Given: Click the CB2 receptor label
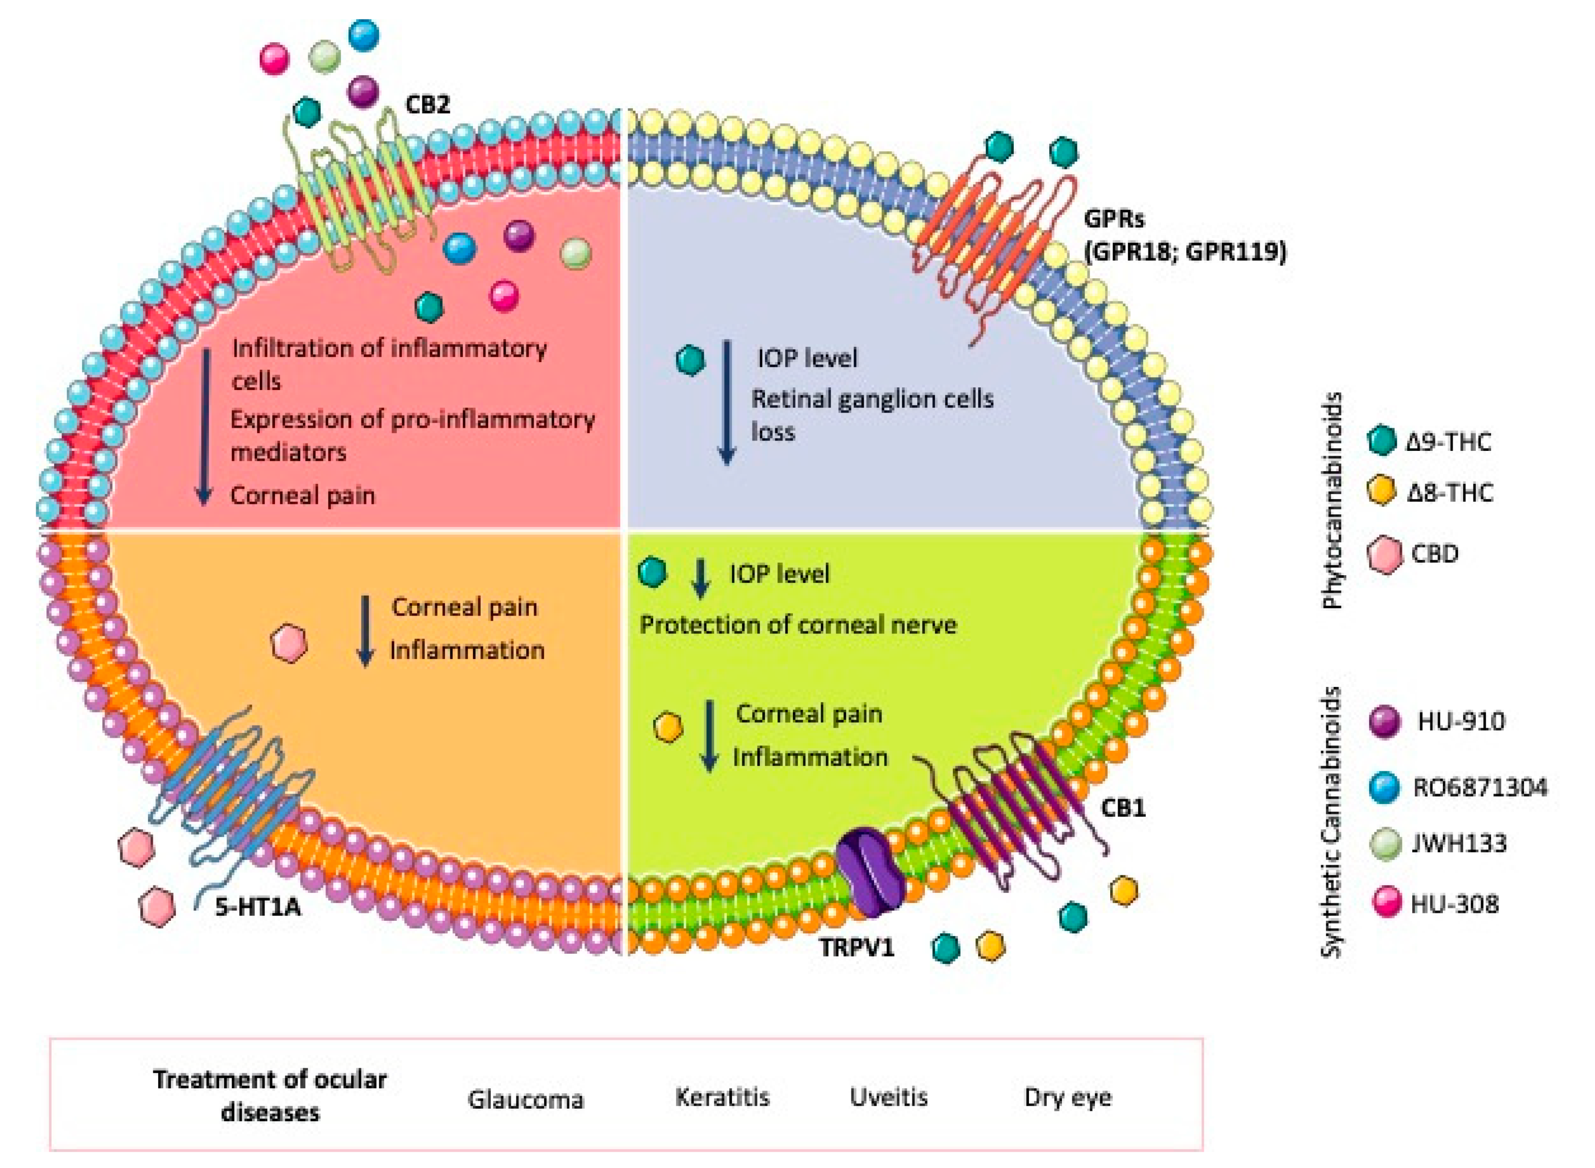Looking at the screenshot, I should point(426,105).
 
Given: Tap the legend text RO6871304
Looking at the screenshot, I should point(1479,787).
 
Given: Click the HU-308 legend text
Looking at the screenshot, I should point(1454,904).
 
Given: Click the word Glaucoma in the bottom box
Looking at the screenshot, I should point(525,1099).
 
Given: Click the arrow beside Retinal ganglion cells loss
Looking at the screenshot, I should point(726,403).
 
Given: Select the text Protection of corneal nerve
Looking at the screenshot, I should point(797,625).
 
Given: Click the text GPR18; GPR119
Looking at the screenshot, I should point(1186,252).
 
